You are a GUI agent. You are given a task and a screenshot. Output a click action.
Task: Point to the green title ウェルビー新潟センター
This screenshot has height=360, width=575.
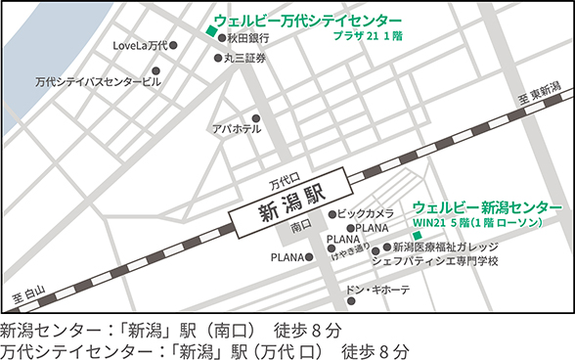pos(488,207)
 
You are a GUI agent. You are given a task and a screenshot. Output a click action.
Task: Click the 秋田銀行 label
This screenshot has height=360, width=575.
pos(250,40)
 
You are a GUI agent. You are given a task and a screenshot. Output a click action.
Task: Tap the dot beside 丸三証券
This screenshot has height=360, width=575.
pos(219,58)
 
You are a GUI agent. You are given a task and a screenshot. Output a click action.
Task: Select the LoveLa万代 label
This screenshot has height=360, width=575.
pos(139,46)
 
